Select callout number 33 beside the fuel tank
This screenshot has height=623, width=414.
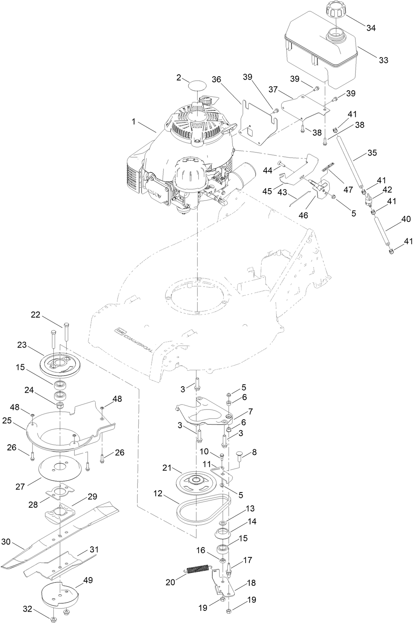pyautogui.click(x=383, y=60)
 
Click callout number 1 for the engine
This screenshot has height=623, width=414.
pyautogui.click(x=133, y=121)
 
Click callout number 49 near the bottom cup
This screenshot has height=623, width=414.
pyautogui.click(x=88, y=580)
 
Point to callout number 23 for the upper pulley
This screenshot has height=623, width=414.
pyautogui.click(x=22, y=345)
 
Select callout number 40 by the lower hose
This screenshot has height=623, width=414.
pyautogui.click(x=395, y=219)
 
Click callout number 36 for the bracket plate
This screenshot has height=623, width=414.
pyautogui.click(x=216, y=79)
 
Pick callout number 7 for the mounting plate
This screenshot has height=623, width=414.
pyautogui.click(x=251, y=411)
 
